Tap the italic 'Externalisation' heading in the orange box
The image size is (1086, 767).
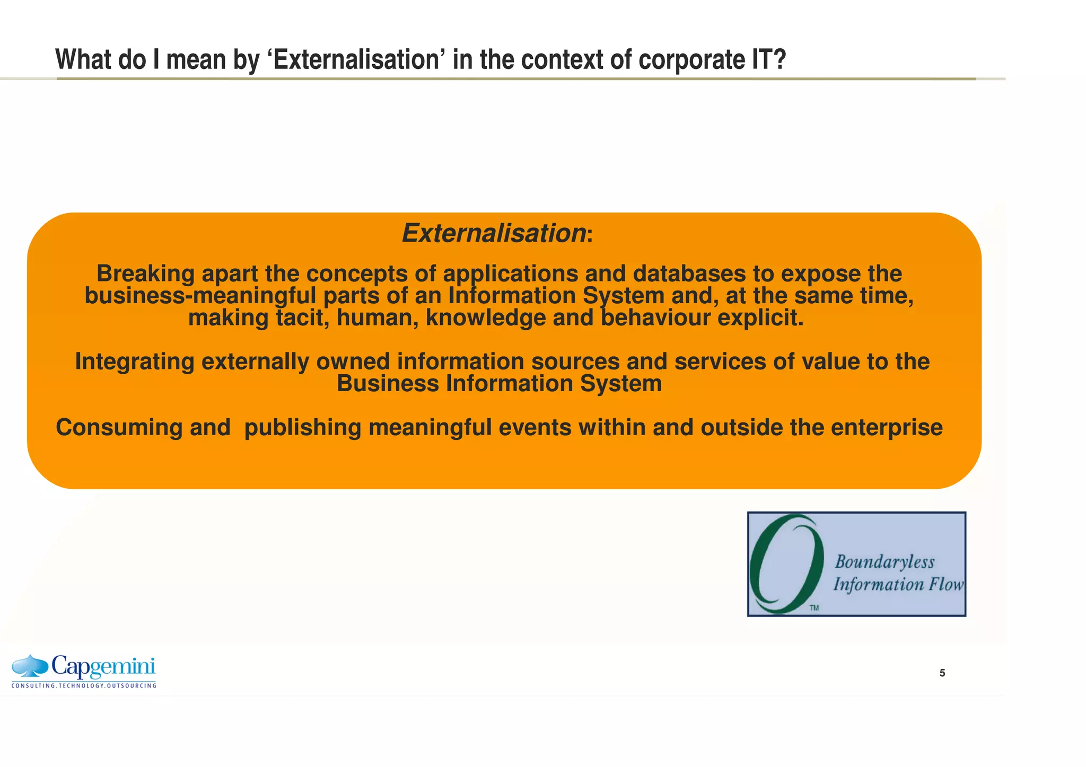click(494, 233)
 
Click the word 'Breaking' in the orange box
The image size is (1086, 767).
click(145, 274)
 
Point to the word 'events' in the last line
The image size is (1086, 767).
click(535, 428)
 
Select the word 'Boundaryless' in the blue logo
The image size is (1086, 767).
click(884, 562)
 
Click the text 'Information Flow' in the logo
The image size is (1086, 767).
click(898, 585)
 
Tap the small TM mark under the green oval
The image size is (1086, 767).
click(814, 608)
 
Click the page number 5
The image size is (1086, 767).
click(942, 673)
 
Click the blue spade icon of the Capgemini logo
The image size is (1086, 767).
click(30, 666)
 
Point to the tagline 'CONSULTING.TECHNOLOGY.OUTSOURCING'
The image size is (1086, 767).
click(84, 686)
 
